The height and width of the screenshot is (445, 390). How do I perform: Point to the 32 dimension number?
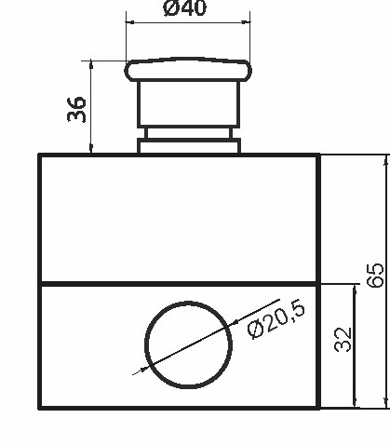342,339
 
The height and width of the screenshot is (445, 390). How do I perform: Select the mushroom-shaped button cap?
188,70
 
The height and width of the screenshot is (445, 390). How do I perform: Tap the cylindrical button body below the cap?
188,104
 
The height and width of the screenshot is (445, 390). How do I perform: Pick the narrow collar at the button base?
188,145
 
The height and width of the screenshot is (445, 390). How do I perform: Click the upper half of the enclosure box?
179,218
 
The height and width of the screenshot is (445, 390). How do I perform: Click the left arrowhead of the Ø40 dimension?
129,21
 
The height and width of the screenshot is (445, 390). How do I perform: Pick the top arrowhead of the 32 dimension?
355,289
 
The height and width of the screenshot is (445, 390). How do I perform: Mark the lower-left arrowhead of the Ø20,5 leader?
142,369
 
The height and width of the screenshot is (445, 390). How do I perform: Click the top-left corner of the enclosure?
39,155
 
